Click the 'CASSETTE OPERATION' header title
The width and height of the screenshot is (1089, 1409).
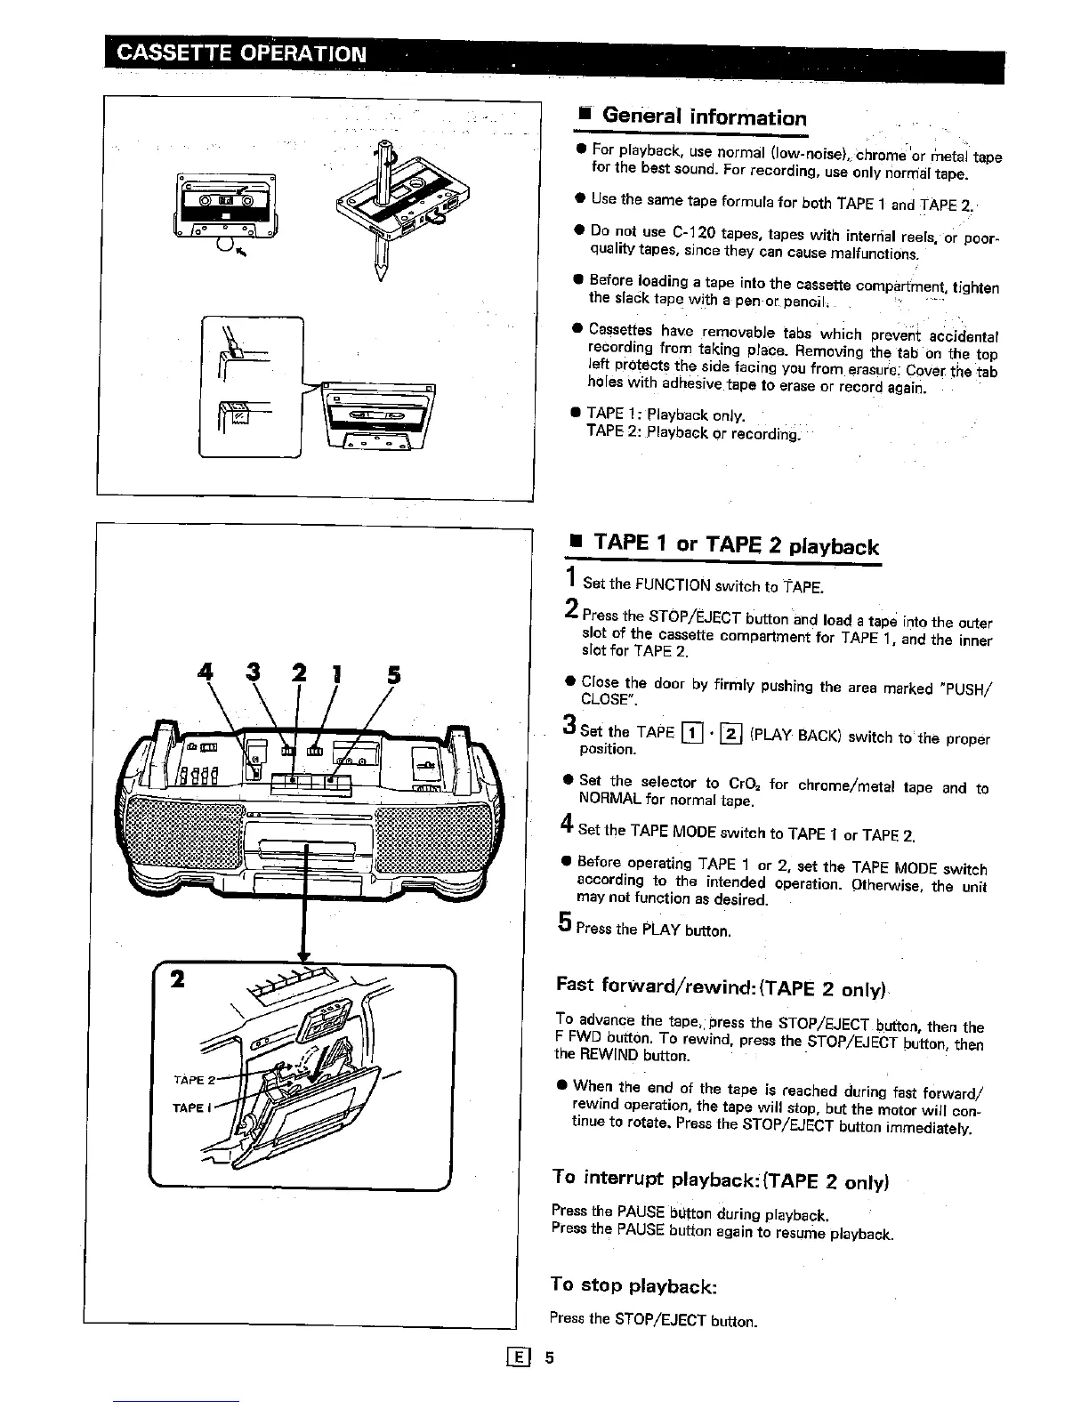[241, 52]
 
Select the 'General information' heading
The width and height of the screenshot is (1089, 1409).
[704, 117]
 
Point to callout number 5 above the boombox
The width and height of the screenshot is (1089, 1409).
[392, 674]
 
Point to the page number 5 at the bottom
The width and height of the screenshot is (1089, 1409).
[550, 1357]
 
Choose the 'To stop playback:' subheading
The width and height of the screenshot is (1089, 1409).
[633, 1286]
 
